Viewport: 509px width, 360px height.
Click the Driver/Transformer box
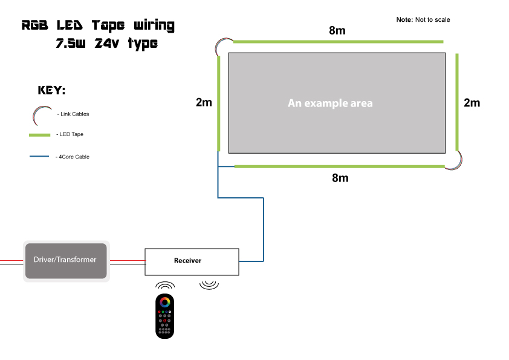point(66,260)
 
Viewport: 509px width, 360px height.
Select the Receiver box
point(192,261)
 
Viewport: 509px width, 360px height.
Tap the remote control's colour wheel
point(165,303)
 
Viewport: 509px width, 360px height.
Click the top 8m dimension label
point(337,31)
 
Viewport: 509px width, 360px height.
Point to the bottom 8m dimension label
point(340,178)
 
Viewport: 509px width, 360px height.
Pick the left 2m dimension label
point(204,102)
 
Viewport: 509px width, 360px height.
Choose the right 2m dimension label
point(472,103)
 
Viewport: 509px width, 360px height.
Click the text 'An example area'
point(330,103)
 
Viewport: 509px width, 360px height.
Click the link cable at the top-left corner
point(222,47)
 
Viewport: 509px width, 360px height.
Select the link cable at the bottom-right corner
point(455,160)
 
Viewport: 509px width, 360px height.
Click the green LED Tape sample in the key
point(42,134)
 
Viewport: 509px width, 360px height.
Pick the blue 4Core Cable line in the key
point(39,157)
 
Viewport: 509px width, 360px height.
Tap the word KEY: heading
point(51,91)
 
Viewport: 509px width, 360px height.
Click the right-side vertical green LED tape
point(457,103)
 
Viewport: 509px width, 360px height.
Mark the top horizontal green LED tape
point(339,42)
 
